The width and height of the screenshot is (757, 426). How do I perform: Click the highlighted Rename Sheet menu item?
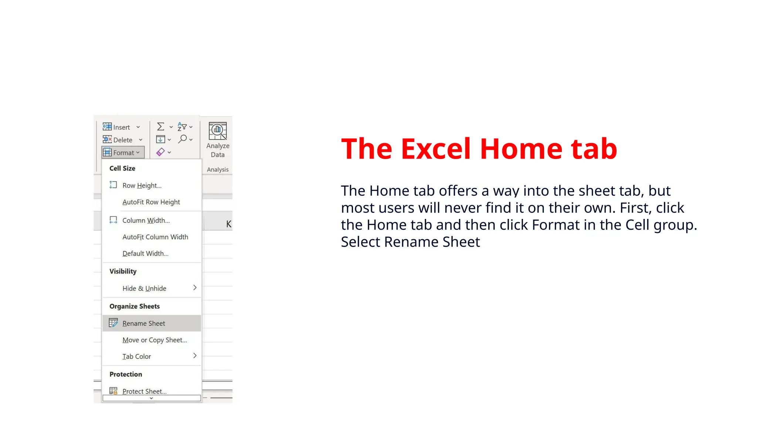coord(144,324)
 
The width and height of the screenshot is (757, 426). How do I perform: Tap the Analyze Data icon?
coord(218,132)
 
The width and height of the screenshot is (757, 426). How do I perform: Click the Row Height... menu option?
coord(142,186)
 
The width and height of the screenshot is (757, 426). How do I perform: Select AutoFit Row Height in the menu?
coord(151,202)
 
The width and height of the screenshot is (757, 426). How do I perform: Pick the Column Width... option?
coord(146,220)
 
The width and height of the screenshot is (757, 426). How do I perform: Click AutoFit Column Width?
coord(155,237)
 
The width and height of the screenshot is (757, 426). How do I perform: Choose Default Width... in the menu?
coord(145,254)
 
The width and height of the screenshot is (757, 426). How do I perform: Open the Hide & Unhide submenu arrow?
coord(195,288)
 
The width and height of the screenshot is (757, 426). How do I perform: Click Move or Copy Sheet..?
coord(155,340)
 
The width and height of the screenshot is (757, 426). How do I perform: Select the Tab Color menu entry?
coord(137,356)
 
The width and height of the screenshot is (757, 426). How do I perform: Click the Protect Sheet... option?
coord(144,391)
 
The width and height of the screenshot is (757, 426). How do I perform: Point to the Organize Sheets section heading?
coord(135,306)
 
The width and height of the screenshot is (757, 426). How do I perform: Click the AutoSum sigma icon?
coord(160,127)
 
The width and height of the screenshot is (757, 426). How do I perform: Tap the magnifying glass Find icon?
coord(183,139)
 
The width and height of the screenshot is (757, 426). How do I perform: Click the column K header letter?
coord(228,224)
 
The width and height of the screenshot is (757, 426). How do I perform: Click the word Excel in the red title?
coord(435,149)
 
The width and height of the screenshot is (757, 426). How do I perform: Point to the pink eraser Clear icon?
coord(160,152)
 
